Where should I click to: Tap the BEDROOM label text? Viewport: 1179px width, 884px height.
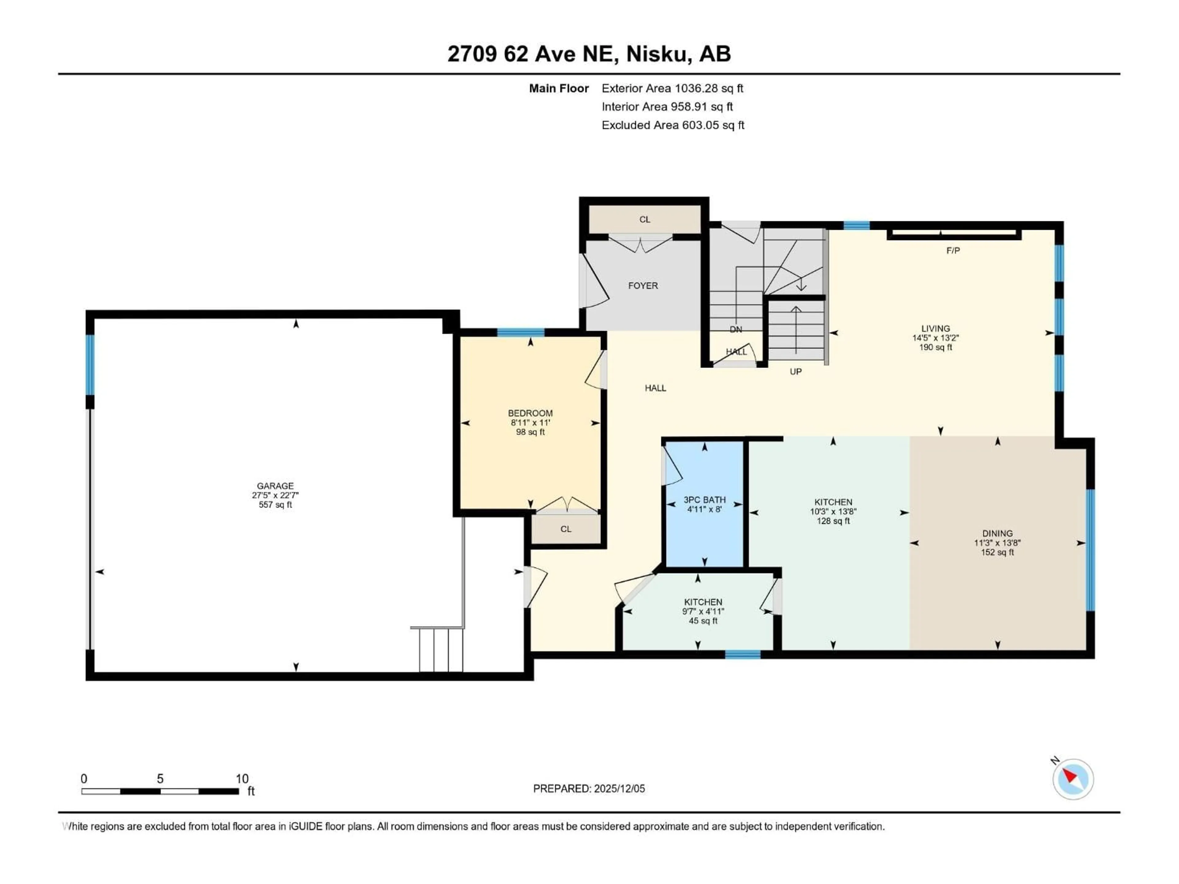(x=530, y=413)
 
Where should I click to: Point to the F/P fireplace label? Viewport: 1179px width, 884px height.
(x=953, y=250)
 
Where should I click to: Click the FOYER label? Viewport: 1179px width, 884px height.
(x=643, y=285)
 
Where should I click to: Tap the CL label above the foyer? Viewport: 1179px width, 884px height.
(x=644, y=219)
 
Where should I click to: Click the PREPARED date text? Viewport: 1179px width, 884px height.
(x=589, y=789)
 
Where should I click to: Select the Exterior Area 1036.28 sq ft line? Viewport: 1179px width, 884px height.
(x=672, y=88)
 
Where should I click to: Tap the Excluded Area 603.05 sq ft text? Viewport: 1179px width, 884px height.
(x=673, y=125)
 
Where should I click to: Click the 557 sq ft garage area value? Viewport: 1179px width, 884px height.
(x=275, y=505)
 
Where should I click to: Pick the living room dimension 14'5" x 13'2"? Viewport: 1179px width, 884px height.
(x=936, y=338)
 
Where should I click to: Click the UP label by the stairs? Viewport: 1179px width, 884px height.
(x=795, y=371)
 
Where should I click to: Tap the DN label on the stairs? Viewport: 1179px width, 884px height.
(x=736, y=329)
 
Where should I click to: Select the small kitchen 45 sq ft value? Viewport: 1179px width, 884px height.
(x=703, y=621)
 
